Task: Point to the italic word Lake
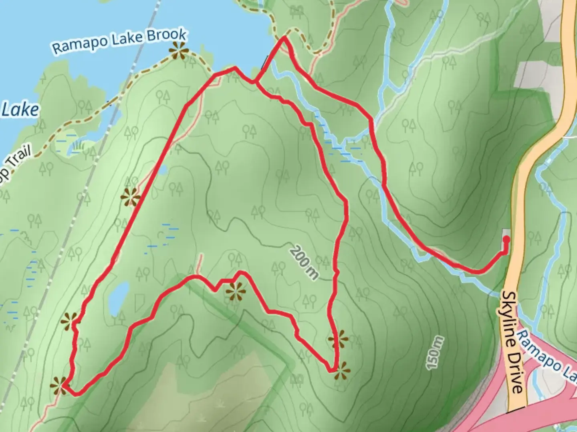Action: click(x=20, y=110)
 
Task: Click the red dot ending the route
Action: click(x=506, y=240)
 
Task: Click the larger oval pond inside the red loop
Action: click(x=119, y=298)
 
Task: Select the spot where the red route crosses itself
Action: click(x=255, y=82)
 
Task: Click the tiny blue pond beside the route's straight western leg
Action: click(x=162, y=170)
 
